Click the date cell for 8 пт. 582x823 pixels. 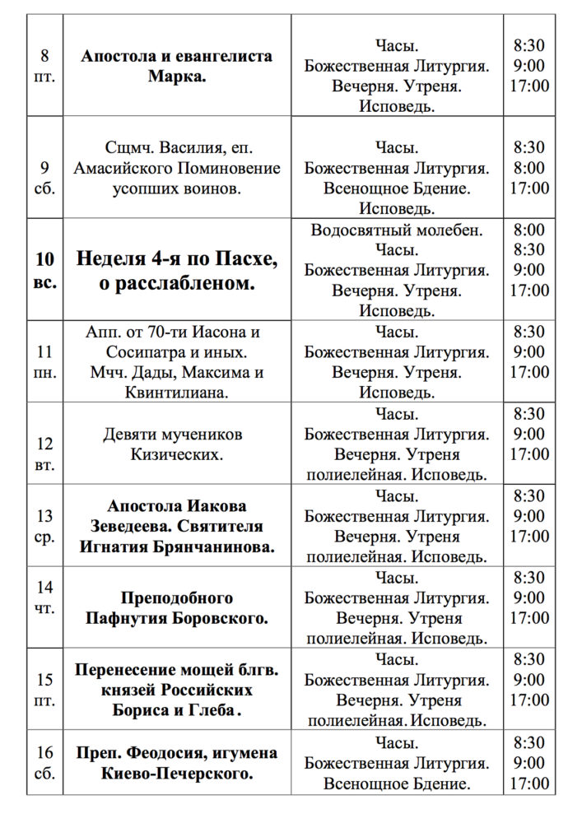(x=44, y=67)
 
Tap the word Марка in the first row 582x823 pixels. (x=176, y=77)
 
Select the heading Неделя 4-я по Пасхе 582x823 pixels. (x=177, y=259)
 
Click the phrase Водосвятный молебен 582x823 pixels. (x=397, y=230)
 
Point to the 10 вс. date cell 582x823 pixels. (x=45, y=270)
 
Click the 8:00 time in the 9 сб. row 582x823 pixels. (x=528, y=168)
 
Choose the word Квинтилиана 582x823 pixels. (x=176, y=392)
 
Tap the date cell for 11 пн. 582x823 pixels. (x=45, y=361)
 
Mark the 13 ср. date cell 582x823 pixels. (x=45, y=526)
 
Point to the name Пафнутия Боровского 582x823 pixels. (x=176, y=617)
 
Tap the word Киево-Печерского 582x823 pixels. (x=176, y=773)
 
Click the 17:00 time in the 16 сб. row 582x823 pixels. (x=528, y=783)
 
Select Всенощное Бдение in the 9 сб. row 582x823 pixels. (x=397, y=188)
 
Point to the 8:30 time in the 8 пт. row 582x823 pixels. (x=528, y=46)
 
